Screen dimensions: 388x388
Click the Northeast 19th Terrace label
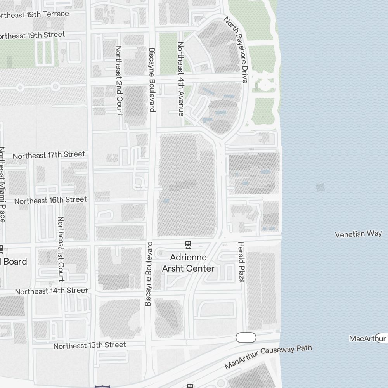point(34,15)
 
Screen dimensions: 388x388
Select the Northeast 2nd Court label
point(119,80)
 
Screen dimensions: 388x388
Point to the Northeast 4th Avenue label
point(180,79)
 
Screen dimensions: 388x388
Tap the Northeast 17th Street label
point(49,155)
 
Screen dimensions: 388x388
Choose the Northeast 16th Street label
point(50,200)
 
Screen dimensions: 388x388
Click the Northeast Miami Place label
point(2,184)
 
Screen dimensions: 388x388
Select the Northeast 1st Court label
point(61,249)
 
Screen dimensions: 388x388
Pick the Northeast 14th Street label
point(51,291)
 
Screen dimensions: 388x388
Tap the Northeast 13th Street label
point(90,345)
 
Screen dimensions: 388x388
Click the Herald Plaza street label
point(241,262)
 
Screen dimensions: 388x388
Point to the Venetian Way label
point(358,234)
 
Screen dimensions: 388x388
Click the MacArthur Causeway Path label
point(268,356)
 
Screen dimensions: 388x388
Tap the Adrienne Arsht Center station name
point(188,263)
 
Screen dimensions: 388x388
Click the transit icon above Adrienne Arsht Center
point(188,244)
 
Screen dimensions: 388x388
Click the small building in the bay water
point(320,187)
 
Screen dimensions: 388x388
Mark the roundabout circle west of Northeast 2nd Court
point(55,86)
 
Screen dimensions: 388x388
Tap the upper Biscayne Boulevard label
point(152,80)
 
